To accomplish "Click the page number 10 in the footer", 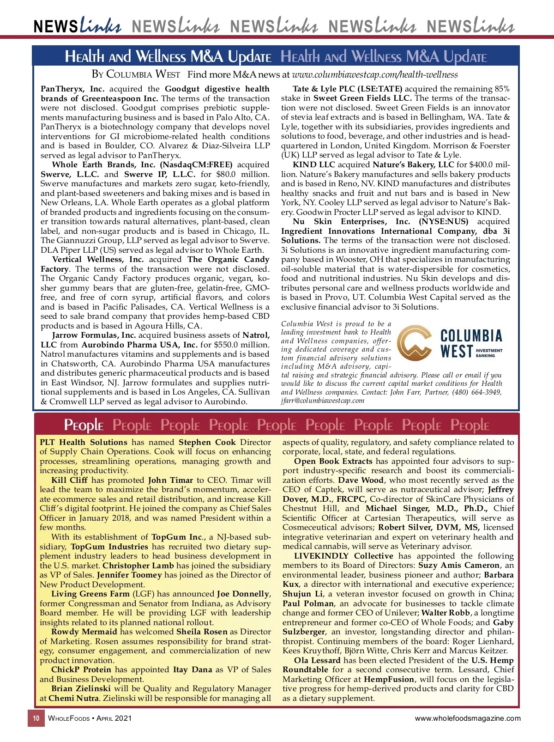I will [x=36, y=718].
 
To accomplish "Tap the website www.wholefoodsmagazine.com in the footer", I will [x=468, y=718].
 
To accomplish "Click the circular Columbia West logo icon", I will [x=414, y=344].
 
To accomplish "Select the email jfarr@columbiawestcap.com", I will [x=323, y=401].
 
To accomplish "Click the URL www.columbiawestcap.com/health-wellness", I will [x=375, y=75].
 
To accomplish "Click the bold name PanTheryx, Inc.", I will [x=72, y=89].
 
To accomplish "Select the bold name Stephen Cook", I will [x=207, y=442].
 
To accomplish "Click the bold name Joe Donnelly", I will [x=243, y=594].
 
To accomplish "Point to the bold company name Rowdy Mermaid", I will [x=84, y=632].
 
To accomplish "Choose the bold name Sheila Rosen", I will [x=202, y=632].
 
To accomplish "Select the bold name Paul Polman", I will [x=308, y=603].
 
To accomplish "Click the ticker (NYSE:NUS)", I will [x=443, y=221].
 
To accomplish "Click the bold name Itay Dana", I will [x=193, y=669].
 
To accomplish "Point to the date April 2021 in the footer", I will [x=114, y=718].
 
